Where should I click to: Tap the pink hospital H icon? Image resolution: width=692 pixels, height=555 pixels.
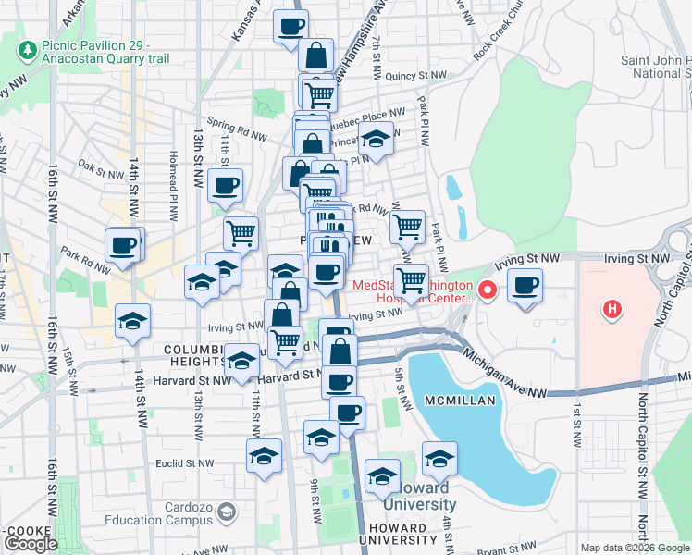point(610,309)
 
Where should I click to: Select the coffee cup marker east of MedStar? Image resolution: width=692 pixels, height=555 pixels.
point(525,286)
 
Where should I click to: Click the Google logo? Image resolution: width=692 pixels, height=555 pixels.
point(31,544)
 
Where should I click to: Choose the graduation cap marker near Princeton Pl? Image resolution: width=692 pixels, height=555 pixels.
point(376,141)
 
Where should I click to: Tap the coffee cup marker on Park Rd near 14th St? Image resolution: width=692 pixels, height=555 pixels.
point(122,246)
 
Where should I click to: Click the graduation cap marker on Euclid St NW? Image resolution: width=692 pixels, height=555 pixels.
point(264,456)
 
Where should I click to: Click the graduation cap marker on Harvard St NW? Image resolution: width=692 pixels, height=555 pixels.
point(242,362)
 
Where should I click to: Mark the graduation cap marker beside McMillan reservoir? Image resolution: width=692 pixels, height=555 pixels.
point(439,459)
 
